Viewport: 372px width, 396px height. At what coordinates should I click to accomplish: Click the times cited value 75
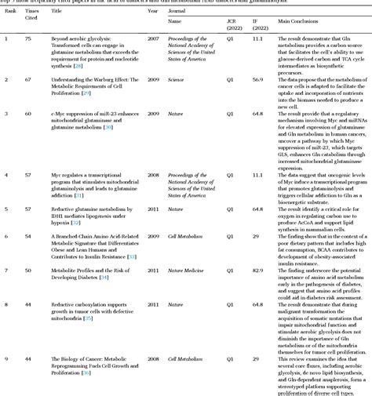click(x=29, y=38)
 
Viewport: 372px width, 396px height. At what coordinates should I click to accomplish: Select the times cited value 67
click(x=29, y=78)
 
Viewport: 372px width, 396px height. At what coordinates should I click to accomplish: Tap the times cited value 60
click(x=29, y=113)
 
